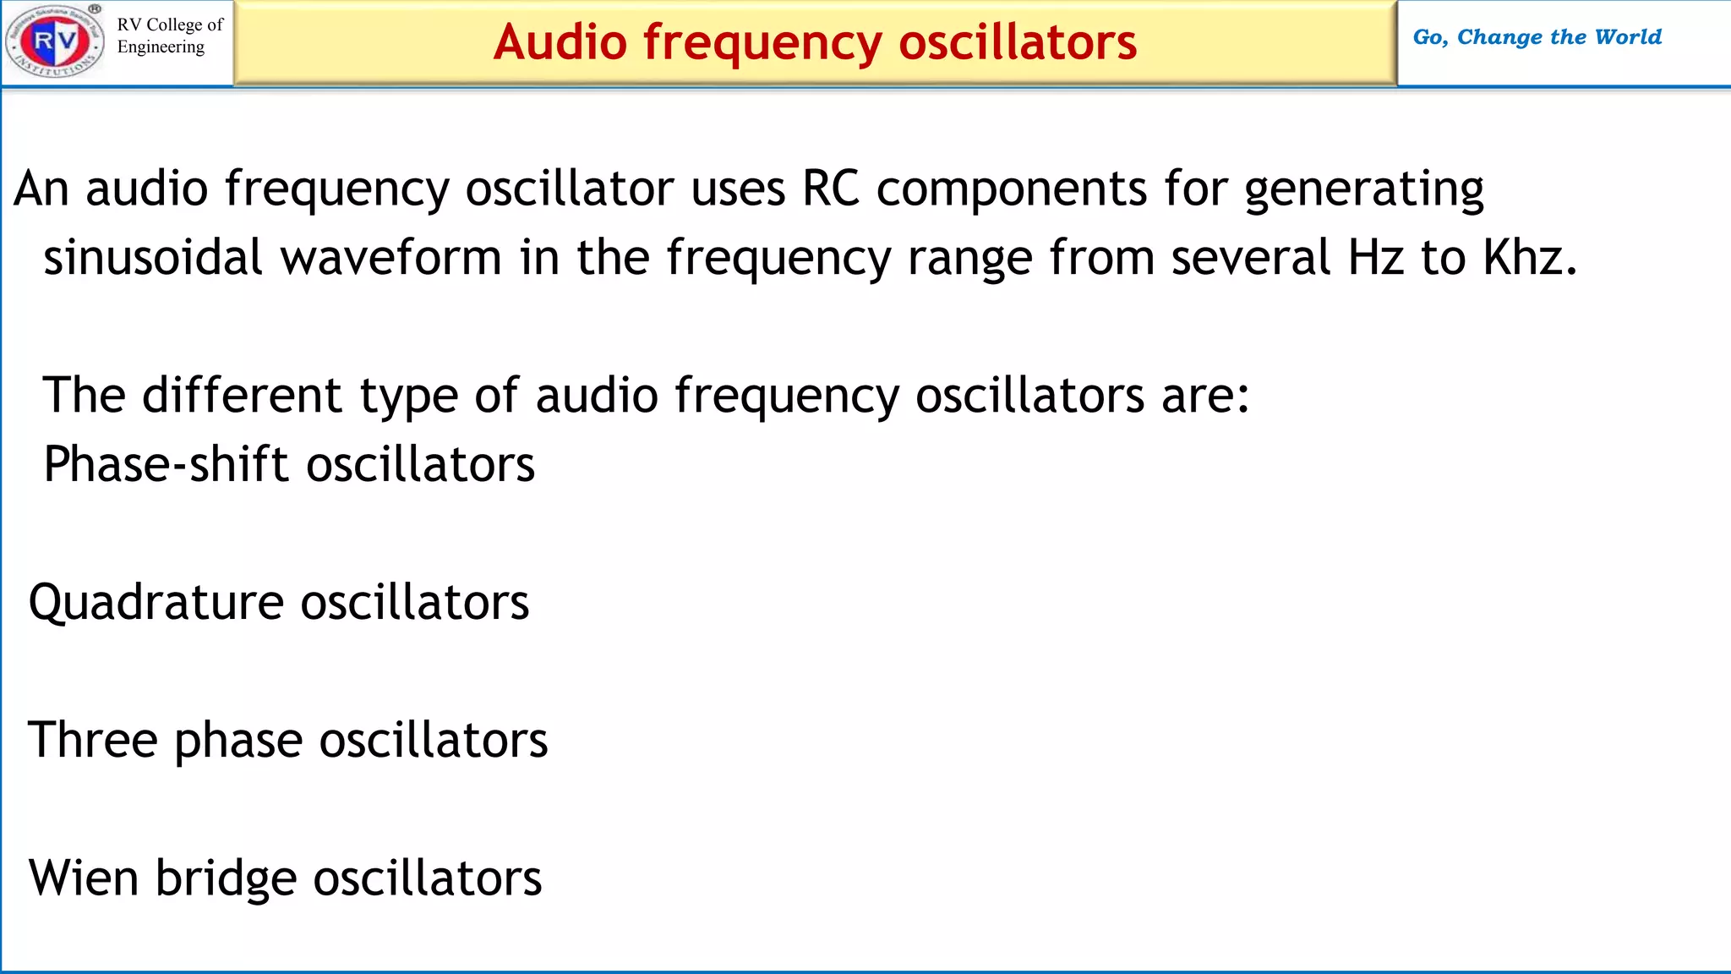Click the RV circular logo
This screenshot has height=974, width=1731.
tap(55, 41)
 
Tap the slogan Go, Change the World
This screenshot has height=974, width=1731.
tap(1537, 37)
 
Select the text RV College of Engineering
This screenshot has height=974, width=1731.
tap(169, 36)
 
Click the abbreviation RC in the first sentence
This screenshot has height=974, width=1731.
tap(830, 188)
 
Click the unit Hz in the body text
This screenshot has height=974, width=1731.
tap(1375, 257)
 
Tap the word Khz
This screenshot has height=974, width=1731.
tap(1529, 257)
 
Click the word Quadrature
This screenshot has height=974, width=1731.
tap(156, 603)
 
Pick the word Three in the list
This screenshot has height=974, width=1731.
tap(93, 740)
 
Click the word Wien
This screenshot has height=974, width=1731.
tap(84, 878)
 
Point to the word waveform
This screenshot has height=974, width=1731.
tap(390, 257)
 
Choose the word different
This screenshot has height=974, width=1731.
tap(242, 395)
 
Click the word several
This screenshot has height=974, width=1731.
tap(1251, 257)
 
